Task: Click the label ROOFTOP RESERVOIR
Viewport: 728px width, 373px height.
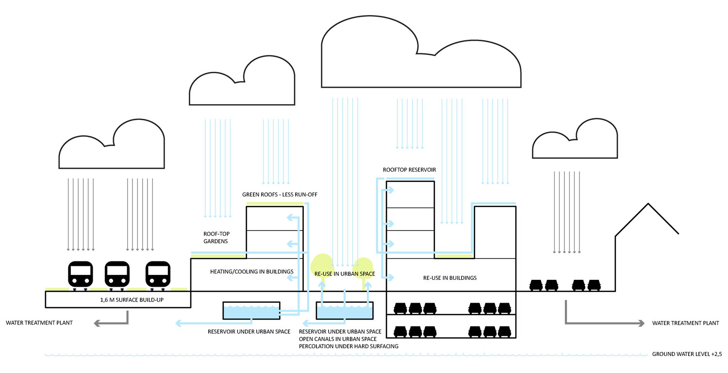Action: tap(409, 170)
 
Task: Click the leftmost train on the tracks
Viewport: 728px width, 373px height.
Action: tap(81, 275)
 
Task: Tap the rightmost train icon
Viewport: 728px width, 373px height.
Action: tap(159, 275)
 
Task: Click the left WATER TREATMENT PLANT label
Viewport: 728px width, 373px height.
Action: tap(39, 323)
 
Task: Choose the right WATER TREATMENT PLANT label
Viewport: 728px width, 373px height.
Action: tap(685, 323)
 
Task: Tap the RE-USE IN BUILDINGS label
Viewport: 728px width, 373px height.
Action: tap(450, 278)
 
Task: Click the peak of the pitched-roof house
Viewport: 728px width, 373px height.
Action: tap(647, 204)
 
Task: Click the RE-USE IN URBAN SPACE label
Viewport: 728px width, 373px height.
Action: tap(345, 274)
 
